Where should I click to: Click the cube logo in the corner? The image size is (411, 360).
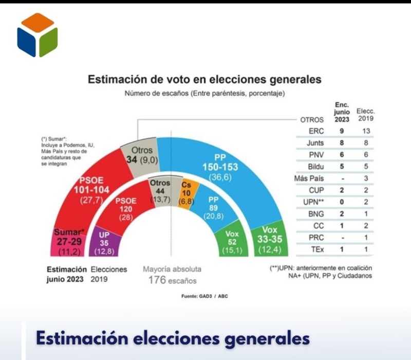click(x=37, y=34)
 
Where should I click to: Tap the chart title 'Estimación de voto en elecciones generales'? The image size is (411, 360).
click(x=205, y=80)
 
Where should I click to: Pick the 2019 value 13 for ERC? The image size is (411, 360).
click(x=365, y=131)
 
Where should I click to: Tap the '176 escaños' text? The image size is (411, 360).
click(x=172, y=280)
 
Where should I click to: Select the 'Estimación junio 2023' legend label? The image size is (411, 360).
click(x=66, y=274)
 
